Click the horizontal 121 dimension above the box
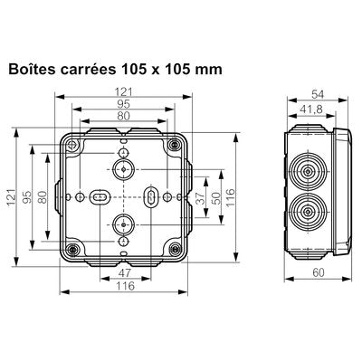(x=125, y=90)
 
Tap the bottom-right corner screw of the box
(x=173, y=248)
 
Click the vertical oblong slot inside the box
(x=151, y=196)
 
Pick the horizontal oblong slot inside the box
(x=100, y=196)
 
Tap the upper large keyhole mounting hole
(x=124, y=169)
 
